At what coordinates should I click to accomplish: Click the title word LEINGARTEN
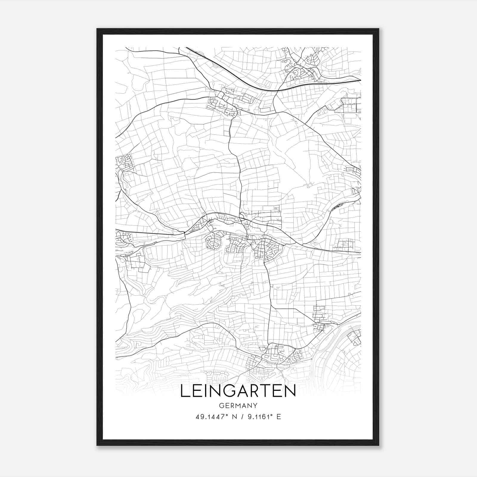[238, 391]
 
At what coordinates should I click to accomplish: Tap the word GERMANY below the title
[238, 406]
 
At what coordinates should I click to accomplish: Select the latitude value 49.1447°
[211, 417]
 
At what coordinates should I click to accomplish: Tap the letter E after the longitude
[279, 417]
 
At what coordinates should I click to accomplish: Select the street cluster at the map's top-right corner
[304, 66]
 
